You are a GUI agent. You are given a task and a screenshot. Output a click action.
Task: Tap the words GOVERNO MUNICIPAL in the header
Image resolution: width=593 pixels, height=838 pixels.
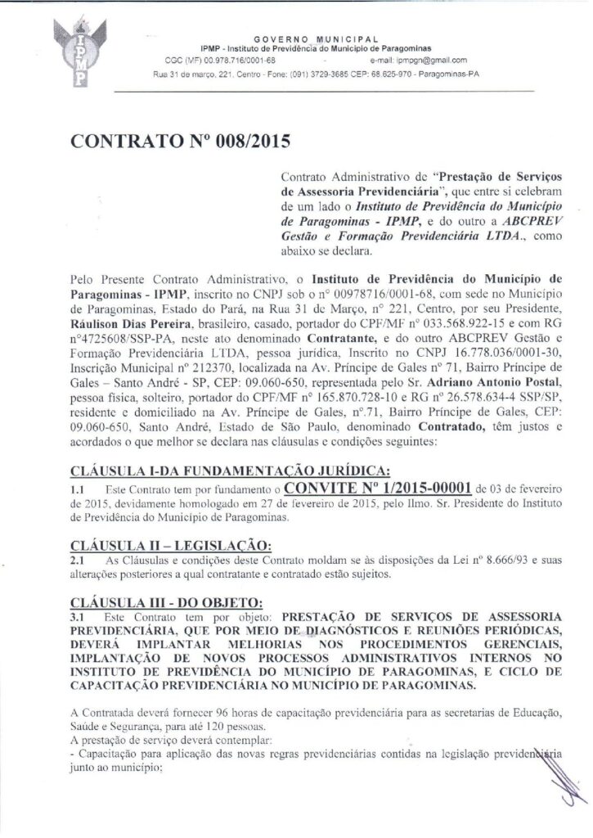click(316, 39)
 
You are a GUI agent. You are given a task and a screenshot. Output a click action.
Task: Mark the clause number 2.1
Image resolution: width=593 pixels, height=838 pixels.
click(78, 561)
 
